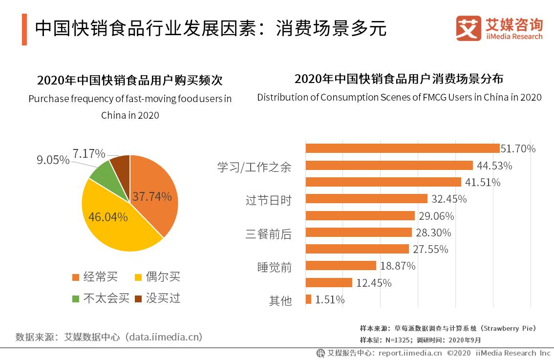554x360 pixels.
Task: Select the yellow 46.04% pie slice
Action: pyautogui.click(x=112, y=220)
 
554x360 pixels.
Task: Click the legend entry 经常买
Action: pyautogui.click(x=95, y=277)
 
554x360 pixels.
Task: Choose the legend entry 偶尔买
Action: pyautogui.click(x=157, y=277)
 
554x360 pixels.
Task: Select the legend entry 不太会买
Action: pyautogui.click(x=100, y=298)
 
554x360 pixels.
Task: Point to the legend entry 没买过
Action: pyautogui.click(x=157, y=298)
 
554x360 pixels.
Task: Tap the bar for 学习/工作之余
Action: pyautogui.click(x=389, y=166)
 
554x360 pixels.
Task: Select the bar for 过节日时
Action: pyautogui.click(x=366, y=199)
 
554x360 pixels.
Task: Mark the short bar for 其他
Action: pyautogui.click(x=308, y=299)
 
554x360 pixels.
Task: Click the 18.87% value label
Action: pyautogui.click(x=398, y=266)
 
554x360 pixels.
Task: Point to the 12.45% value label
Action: pyautogui.click(x=374, y=283)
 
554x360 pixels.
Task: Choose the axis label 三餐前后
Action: pyautogui.click(x=268, y=234)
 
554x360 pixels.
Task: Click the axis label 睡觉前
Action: pyautogui.click(x=274, y=267)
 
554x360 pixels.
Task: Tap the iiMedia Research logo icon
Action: pyautogui.click(x=469, y=28)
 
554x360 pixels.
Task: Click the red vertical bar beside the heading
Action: pyautogui.click(x=24, y=29)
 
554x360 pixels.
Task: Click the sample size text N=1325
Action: pyautogui.click(x=392, y=340)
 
